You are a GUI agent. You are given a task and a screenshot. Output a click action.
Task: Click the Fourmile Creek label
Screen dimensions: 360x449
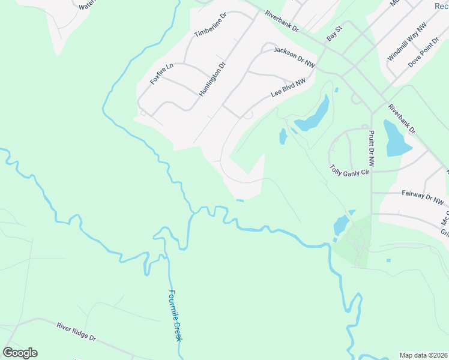click(x=175, y=316)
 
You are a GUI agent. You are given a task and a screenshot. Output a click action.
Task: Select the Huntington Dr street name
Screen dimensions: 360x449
click(x=212, y=78)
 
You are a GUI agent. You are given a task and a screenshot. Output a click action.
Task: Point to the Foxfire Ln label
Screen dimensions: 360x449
click(x=161, y=73)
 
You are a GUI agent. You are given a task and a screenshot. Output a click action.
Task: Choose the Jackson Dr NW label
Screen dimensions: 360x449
click(x=294, y=56)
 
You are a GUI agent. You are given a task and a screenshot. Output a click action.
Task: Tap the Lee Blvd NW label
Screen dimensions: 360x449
click(x=288, y=87)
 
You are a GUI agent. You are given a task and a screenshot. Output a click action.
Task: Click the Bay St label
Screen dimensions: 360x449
click(x=334, y=33)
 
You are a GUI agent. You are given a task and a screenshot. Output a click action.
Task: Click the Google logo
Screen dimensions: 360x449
click(x=20, y=353)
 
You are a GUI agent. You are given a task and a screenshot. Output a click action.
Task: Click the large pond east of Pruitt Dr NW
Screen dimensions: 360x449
click(x=396, y=139)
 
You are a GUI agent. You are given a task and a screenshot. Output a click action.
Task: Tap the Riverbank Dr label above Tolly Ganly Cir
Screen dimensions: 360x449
click(x=402, y=118)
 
